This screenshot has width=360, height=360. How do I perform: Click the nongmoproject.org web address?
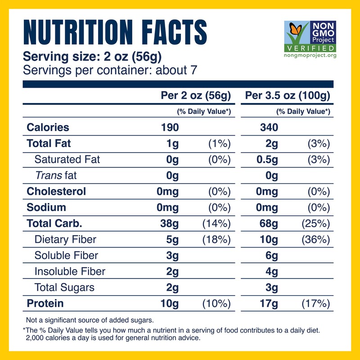click(x=310, y=55)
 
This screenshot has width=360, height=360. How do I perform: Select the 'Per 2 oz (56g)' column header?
click(x=196, y=96)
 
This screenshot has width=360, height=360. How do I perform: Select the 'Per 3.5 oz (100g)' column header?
click(x=288, y=96)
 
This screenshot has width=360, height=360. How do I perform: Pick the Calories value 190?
click(x=170, y=127)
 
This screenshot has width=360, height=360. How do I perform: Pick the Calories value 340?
click(x=269, y=127)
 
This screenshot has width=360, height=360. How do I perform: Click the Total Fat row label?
click(x=49, y=144)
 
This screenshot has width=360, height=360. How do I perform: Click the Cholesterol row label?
click(x=56, y=191)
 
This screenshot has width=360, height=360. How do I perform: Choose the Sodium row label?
click(x=47, y=207)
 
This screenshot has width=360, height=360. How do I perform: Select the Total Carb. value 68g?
click(x=269, y=223)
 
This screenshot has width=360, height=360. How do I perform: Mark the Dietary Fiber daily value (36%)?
click(x=316, y=239)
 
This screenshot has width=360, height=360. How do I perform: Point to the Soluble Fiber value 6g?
click(x=272, y=255)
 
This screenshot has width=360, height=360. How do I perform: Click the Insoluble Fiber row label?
click(x=70, y=271)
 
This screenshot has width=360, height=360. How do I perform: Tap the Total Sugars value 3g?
click(x=272, y=287)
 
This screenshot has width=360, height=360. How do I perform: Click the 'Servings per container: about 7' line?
click(x=110, y=70)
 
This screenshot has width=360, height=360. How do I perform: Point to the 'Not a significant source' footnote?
click(x=90, y=320)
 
